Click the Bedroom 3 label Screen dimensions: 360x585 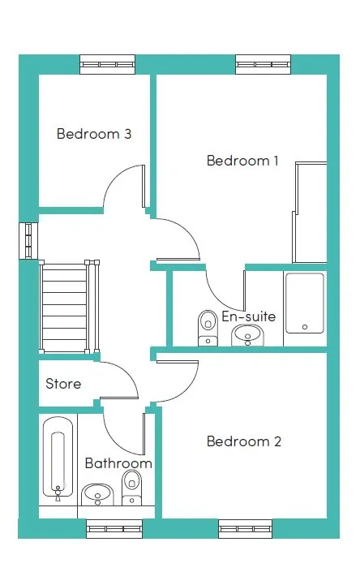(94, 134)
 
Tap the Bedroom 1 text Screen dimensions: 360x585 (242, 161)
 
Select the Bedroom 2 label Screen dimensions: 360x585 (244, 441)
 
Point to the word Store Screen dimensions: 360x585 (63, 384)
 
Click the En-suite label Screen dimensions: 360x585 (249, 316)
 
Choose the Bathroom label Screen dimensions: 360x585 (118, 463)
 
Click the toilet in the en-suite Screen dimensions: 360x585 (208, 328)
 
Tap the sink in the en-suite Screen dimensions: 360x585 (247, 335)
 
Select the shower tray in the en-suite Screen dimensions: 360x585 (305, 303)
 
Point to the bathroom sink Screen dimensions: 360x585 (97, 495)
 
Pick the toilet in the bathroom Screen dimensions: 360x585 (131, 488)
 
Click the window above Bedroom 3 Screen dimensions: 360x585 (107, 65)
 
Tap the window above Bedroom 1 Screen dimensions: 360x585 (263, 65)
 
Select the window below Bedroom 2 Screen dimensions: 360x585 (246, 529)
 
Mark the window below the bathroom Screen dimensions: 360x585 (114, 529)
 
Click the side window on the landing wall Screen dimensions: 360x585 (28, 241)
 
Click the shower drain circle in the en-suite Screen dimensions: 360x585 (305, 327)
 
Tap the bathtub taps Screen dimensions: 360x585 (58, 493)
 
